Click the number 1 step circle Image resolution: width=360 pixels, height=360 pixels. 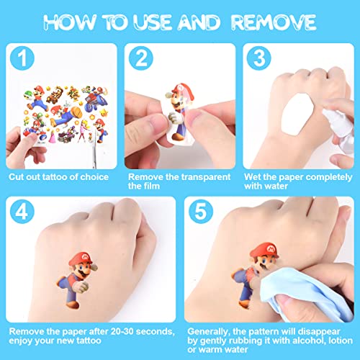click(x=22, y=58)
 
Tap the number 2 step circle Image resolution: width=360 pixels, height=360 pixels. click(x=141, y=58)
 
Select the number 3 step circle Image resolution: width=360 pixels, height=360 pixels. click(x=259, y=58)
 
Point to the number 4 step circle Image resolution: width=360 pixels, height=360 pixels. click(x=22, y=212)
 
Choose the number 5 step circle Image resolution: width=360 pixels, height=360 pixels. click(x=201, y=212)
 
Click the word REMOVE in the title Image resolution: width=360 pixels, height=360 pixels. click(x=274, y=22)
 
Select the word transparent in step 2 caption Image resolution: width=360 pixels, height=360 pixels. click(x=204, y=177)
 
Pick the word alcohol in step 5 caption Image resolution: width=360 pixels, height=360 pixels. click(x=308, y=341)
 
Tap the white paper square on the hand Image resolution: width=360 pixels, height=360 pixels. click(x=298, y=114)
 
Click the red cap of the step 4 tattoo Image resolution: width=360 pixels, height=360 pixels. click(x=81, y=258)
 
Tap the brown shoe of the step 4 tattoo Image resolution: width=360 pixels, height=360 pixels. click(x=72, y=305)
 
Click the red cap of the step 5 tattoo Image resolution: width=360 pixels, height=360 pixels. click(x=264, y=250)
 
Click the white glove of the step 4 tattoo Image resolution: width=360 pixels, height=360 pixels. click(x=81, y=286)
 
